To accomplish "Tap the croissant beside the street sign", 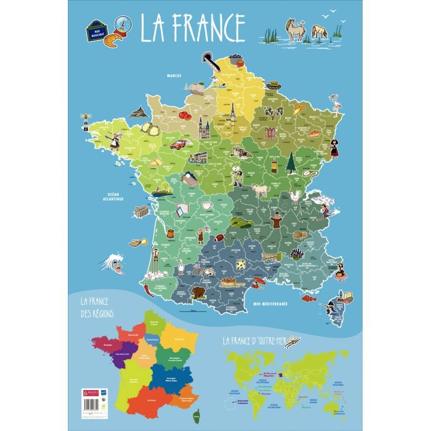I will pyautogui.click(x=112, y=40).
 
